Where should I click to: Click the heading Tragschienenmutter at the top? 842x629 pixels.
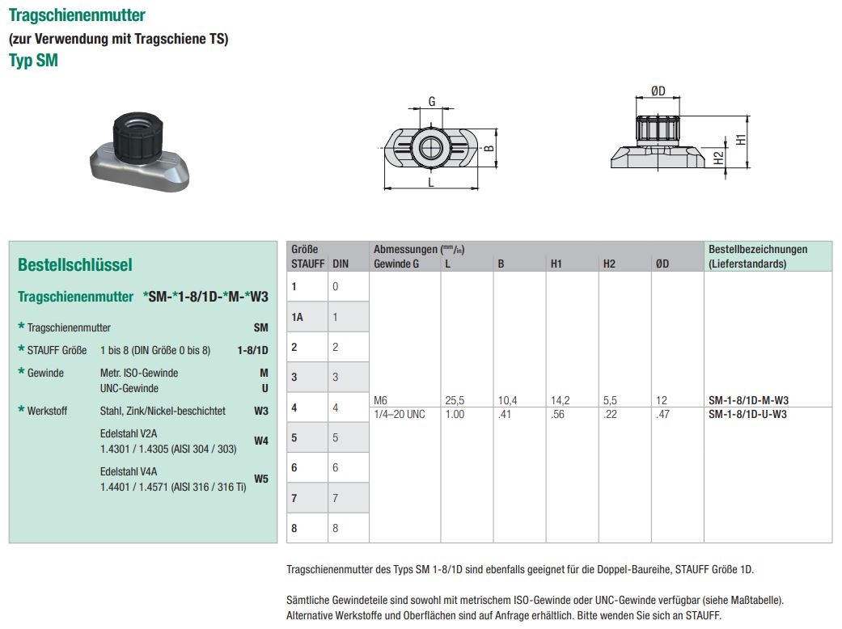tap(77, 15)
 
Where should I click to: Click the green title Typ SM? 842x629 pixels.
tap(33, 61)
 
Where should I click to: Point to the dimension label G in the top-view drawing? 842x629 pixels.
tap(432, 102)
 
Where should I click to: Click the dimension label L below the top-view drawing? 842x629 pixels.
tap(431, 183)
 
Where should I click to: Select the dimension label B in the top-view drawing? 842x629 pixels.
tap(488, 148)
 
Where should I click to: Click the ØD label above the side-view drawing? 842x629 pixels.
tap(658, 91)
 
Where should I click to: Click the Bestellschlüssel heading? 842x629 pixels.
tap(74, 264)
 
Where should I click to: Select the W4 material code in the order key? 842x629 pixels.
tap(260, 441)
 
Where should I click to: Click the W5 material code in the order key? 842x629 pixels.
tap(260, 479)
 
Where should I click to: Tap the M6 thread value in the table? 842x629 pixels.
tap(382, 400)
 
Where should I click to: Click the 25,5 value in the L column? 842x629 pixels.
tap(455, 400)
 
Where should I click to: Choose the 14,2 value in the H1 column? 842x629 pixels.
tap(561, 400)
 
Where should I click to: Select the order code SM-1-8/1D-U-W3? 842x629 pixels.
tap(747, 414)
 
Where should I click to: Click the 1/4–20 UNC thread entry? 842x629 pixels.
tap(399, 414)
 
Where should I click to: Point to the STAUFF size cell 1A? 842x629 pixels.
tap(298, 317)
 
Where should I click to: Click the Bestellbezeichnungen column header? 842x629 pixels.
tap(757, 250)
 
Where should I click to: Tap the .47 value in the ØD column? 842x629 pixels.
tap(662, 414)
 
